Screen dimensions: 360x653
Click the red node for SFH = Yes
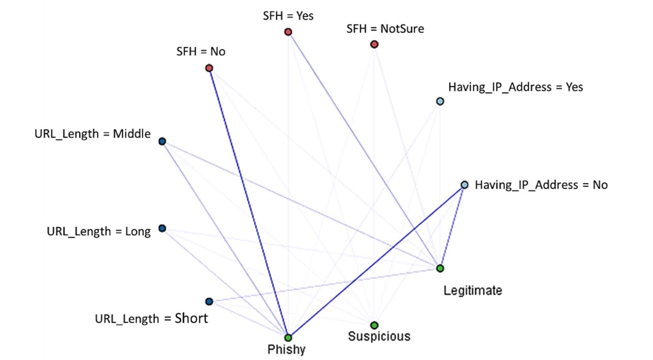pos(288,32)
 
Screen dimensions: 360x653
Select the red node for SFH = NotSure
pos(374,44)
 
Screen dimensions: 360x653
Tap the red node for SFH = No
pos(209,68)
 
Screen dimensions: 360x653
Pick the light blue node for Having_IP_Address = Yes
pos(440,101)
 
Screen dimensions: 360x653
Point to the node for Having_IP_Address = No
pos(464,185)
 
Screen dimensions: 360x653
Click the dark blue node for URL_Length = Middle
pos(162,141)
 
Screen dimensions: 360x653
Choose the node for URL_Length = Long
pos(162,228)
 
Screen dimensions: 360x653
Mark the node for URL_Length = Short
pos(209,301)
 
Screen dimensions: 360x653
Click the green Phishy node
pos(288,338)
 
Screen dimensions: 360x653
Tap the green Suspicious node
pos(374,325)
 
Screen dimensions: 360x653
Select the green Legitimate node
pos(440,268)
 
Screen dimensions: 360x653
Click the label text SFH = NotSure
pos(385,29)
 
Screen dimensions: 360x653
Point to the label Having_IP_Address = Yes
pos(515,87)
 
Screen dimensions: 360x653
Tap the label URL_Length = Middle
pos(93,134)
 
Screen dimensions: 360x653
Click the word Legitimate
pos(473,290)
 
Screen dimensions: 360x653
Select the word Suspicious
pos(379,337)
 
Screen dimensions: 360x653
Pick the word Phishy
pos(286,350)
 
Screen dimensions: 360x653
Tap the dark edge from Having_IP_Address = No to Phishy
pos(376,261)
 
